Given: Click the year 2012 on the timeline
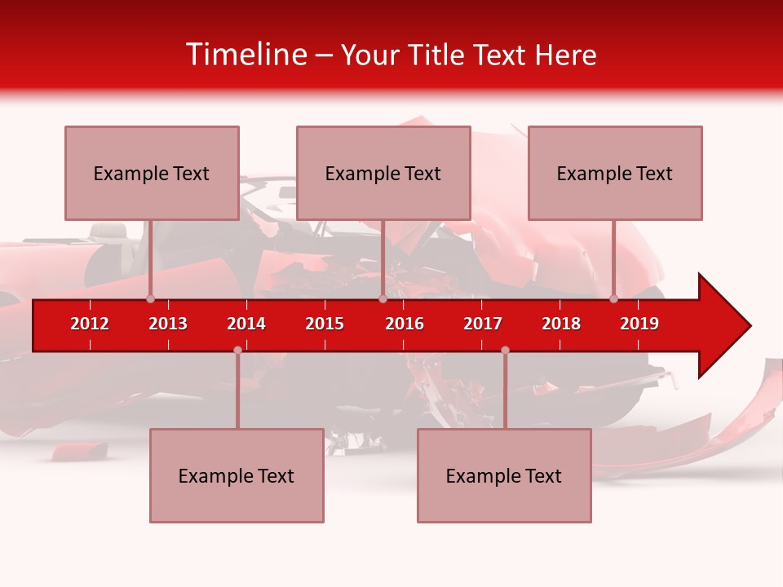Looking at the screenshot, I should coord(90,324).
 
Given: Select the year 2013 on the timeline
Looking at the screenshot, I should coord(168,324).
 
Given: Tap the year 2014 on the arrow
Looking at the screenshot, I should coord(246,324).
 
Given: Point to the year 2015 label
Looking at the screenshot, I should coord(325,324).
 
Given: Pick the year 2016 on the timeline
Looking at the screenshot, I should coord(405,324).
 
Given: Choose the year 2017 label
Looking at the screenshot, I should coord(483,324).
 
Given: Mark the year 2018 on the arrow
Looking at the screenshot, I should coord(561,324).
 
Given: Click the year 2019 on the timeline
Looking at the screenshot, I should coord(639,324).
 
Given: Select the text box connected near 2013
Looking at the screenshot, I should coord(152,173).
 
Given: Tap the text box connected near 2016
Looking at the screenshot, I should coord(383,173).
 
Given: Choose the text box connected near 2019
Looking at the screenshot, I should coord(615,173).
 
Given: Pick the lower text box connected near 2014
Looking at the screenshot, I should coord(237,475).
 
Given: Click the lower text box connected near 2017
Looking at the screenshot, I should coord(504,475).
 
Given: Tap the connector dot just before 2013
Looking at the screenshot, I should coord(150,298).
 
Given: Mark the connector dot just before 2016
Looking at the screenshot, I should coord(383,298).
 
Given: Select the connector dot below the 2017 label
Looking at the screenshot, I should coord(505,351).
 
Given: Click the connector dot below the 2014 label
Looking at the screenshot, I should coord(237,351).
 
